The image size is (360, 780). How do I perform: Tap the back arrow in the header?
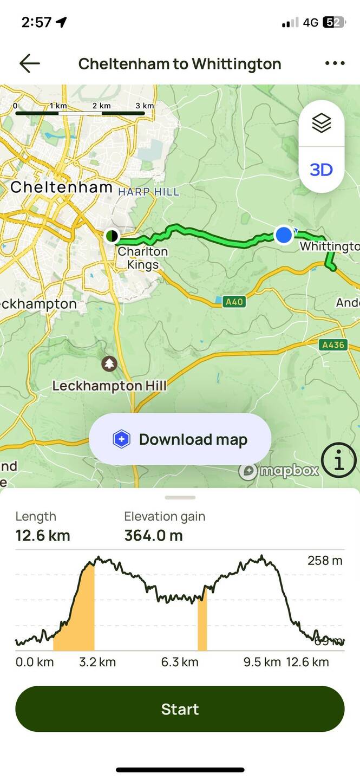(29, 63)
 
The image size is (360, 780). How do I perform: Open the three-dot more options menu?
(335, 63)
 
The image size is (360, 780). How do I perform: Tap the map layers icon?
(321, 123)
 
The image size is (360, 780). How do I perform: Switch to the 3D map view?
(321, 170)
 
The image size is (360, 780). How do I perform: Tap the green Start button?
(180, 709)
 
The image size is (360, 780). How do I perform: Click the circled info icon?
(339, 461)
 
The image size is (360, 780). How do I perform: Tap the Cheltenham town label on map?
(61, 187)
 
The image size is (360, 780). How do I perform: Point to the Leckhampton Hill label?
(109, 386)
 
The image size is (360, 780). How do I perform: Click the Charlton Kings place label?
(143, 258)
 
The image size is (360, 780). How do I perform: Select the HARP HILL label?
(148, 192)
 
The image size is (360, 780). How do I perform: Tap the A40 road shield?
(234, 301)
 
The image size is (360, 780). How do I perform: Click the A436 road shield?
(333, 344)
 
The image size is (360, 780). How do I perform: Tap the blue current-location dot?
(284, 235)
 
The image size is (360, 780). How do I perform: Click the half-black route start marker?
(112, 236)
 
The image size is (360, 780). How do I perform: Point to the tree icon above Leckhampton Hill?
(109, 363)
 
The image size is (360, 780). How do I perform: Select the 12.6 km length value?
(43, 536)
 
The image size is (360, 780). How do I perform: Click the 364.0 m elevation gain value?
(154, 536)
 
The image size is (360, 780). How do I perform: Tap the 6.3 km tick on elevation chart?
(180, 662)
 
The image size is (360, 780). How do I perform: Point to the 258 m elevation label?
(325, 561)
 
